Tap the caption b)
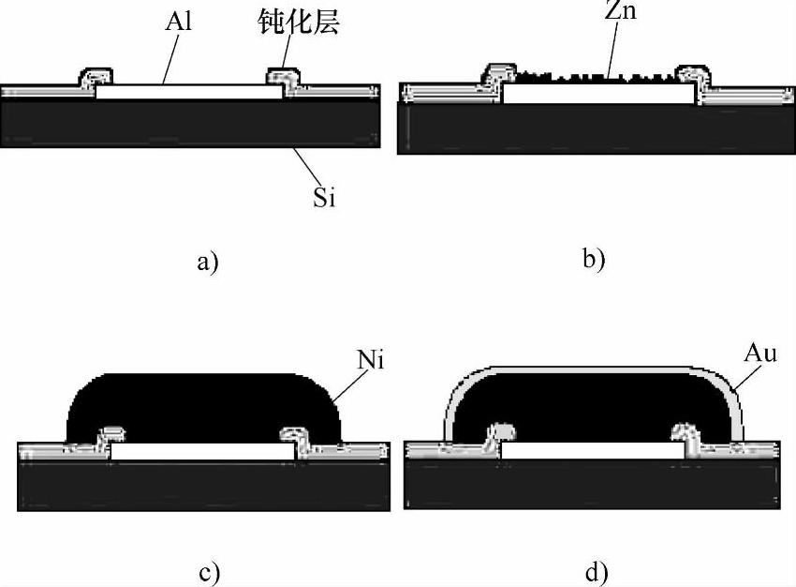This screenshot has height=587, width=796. [x=594, y=259]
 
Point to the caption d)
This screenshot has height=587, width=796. [x=594, y=571]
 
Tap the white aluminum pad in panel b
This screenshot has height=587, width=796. [x=598, y=94]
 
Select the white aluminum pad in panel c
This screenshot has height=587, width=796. [x=202, y=451]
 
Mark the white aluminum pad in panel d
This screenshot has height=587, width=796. [x=592, y=450]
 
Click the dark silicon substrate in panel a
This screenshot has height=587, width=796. [x=187, y=122]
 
